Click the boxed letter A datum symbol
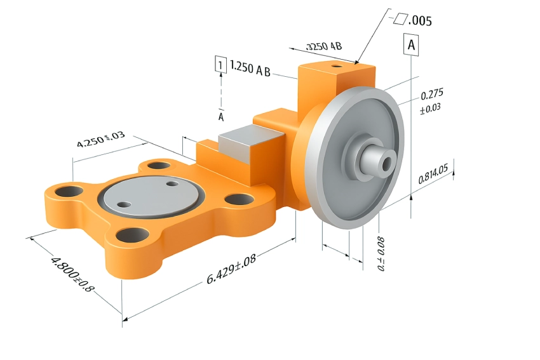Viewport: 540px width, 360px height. coord(411,46)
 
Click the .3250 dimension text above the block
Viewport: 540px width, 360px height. coord(324,46)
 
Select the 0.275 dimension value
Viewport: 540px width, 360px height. coord(432,96)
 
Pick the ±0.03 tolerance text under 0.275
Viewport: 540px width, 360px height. coord(431,110)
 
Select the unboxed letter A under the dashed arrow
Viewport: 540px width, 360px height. coord(220,117)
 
